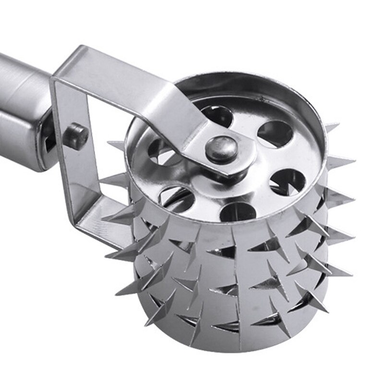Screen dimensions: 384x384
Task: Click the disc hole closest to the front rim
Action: click(x=238, y=212)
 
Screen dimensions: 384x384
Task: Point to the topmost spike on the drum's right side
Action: click(x=331, y=127)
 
